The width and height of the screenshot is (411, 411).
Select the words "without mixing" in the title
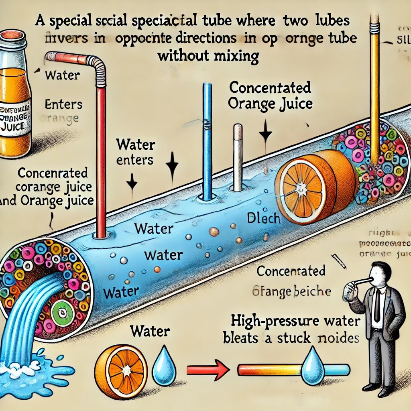(x=208, y=56)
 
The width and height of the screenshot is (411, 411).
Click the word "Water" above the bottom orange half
(x=150, y=332)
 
